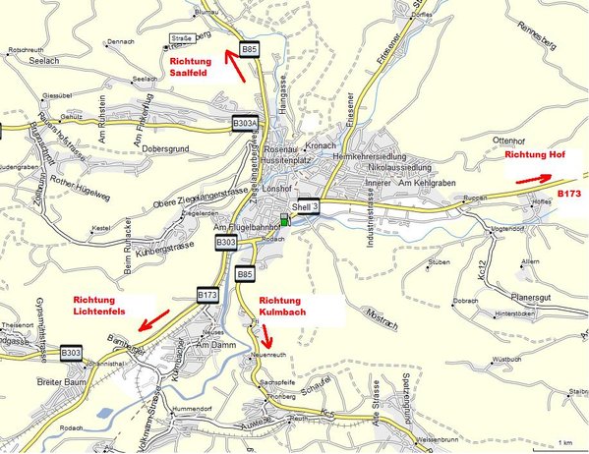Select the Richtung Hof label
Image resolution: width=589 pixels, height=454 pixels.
[537, 156]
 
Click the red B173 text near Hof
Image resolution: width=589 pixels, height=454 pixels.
[570, 195]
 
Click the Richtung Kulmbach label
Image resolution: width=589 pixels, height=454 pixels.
[289, 306]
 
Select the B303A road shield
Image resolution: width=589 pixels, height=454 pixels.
[246, 123]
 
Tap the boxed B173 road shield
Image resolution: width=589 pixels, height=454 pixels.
[207, 293]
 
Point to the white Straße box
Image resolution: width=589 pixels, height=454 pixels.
[174, 38]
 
